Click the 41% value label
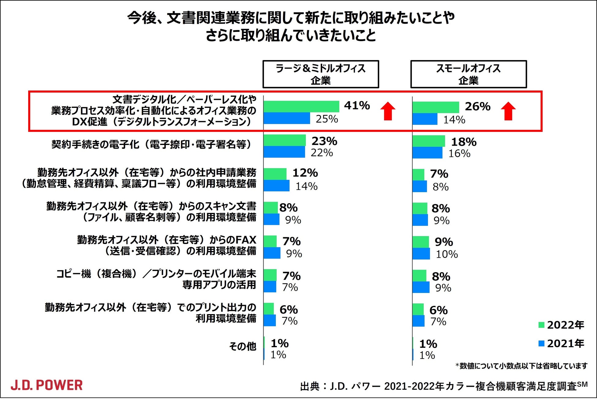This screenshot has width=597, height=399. (x=357, y=105)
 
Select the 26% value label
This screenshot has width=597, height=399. (x=478, y=106)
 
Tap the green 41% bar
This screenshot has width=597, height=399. (x=302, y=107)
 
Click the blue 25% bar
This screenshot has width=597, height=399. (x=287, y=118)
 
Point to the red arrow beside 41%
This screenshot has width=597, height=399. (x=388, y=111)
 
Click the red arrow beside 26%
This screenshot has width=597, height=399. (x=508, y=111)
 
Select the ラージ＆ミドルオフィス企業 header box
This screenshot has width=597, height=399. (x=321, y=74)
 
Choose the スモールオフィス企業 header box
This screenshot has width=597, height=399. (x=468, y=74)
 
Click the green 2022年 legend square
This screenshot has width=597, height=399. (x=541, y=325)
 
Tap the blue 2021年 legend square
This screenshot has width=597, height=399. (x=541, y=344)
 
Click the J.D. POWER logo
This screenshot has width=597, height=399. (x=47, y=385)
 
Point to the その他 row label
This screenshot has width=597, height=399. (x=242, y=346)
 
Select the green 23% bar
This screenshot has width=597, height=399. (x=285, y=140)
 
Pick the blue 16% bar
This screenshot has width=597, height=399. (x=427, y=153)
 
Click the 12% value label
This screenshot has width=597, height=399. (x=305, y=173)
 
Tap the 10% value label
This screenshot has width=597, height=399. (x=447, y=254)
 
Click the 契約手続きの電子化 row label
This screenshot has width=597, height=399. (x=152, y=144)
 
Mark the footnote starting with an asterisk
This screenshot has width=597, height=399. (x=521, y=366)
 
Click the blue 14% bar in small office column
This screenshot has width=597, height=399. (x=425, y=119)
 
